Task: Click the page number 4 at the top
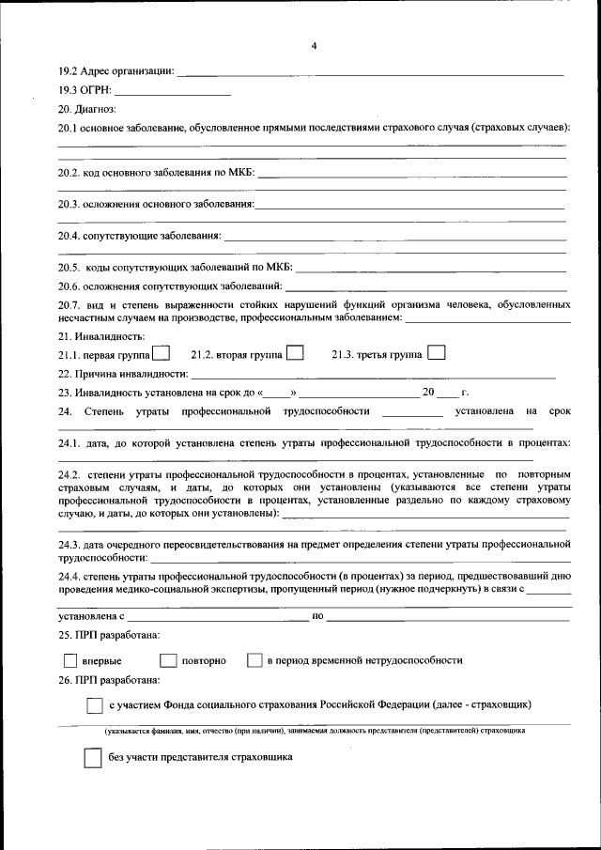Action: coord(315,46)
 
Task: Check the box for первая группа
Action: coord(161,354)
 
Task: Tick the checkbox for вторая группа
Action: coord(295,354)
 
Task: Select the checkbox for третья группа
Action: coord(436,353)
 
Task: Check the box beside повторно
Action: coord(168,660)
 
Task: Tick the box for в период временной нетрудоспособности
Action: coord(254,660)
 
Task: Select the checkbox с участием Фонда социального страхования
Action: coord(94,704)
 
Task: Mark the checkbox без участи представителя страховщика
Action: coord(92,758)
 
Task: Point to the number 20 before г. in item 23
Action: coord(428,393)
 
